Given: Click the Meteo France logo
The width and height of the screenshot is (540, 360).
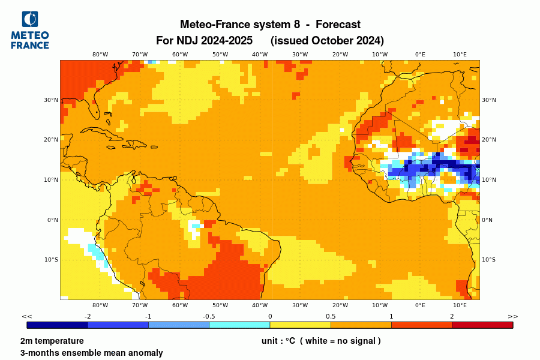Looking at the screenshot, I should point(30,30).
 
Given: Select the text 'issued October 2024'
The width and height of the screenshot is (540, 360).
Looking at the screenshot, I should point(327,41).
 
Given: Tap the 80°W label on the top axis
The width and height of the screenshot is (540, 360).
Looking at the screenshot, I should point(100,55).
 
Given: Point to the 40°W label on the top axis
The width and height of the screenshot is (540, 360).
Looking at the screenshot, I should point(260,55).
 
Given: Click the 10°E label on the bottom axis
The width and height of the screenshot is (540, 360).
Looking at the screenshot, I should point(460,305).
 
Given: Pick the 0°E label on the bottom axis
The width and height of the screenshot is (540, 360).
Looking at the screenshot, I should point(420,305).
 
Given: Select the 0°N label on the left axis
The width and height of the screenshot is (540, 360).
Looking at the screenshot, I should point(52,220).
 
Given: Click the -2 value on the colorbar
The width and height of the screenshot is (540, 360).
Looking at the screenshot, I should point(88,316).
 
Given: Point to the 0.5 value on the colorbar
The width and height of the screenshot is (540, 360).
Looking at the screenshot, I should point(331,316).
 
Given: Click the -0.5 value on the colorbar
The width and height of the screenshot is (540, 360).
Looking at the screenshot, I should point(209,316).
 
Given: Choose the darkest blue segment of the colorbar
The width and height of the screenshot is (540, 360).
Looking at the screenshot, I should point(58,325).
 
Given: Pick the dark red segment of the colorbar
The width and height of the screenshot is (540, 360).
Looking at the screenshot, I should point(482,325).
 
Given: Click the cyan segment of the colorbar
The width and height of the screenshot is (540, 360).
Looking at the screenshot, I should point(239,325).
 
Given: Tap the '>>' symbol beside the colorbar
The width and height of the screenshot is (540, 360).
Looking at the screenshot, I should point(512,316).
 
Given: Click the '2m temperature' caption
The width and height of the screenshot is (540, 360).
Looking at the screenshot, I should point(52,341).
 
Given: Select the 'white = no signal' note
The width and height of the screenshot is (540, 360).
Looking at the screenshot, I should point(340,341).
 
